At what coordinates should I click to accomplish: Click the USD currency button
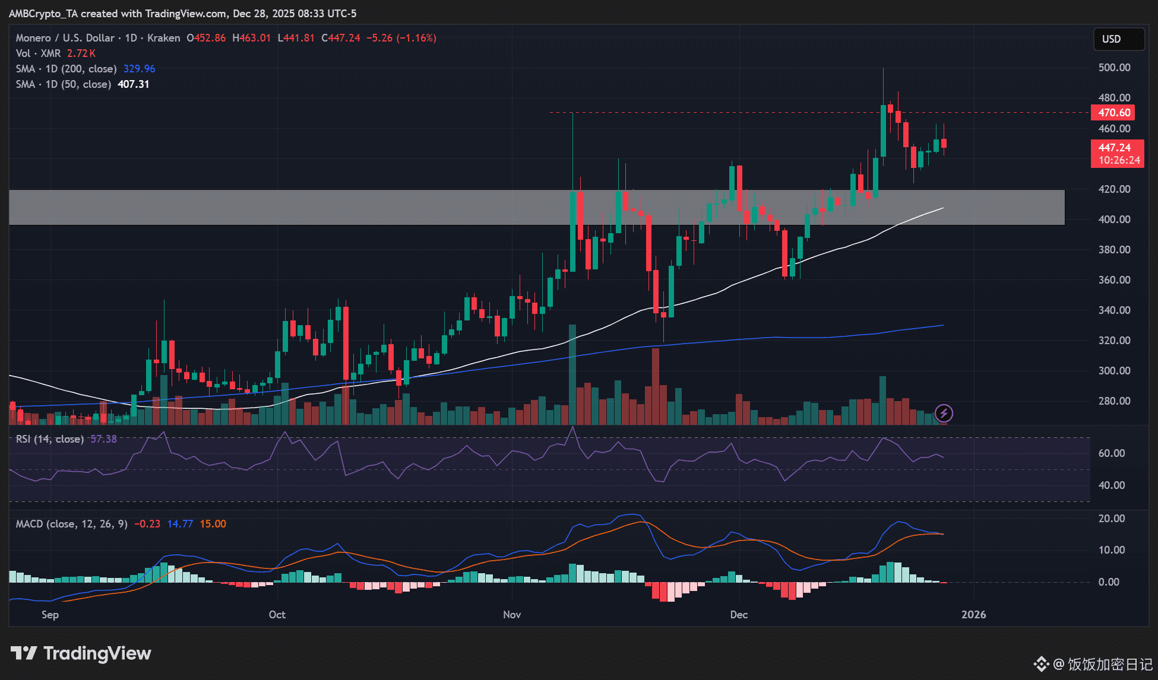click(x=1118, y=39)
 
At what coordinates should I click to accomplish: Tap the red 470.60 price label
click(x=1113, y=113)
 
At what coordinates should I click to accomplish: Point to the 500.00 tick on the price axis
click(x=1114, y=68)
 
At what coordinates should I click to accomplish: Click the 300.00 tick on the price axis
click(x=1114, y=371)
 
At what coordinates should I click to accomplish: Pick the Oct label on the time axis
click(x=277, y=615)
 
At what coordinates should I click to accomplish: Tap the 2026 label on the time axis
click(x=973, y=615)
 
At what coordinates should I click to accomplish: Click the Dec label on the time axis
click(x=739, y=615)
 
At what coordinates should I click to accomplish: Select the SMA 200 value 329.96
click(x=139, y=69)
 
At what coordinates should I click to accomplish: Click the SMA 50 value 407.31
click(x=133, y=84)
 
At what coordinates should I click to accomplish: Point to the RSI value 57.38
click(x=103, y=439)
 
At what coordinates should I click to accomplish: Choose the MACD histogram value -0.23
click(x=147, y=524)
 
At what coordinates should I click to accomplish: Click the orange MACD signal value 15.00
click(x=213, y=524)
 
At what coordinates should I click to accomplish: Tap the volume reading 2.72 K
click(x=81, y=53)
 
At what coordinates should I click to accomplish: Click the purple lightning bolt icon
click(x=944, y=413)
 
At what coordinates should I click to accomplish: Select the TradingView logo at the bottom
click(x=81, y=653)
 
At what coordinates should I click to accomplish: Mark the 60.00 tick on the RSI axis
click(x=1112, y=453)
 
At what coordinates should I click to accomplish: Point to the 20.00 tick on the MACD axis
click(x=1112, y=519)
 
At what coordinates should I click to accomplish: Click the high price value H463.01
click(x=251, y=38)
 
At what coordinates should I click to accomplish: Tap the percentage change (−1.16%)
click(x=416, y=38)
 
